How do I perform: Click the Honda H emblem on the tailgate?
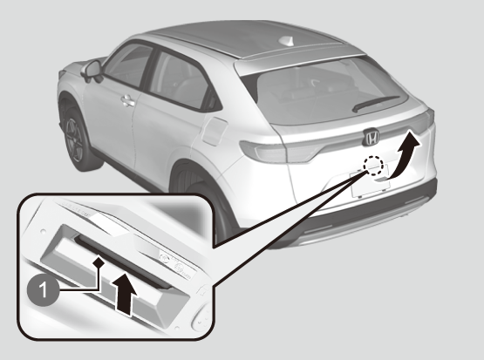click(x=371, y=137)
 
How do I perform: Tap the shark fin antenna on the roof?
click(x=286, y=41)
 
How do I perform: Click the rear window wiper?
click(x=375, y=103)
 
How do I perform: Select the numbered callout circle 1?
click(x=43, y=290)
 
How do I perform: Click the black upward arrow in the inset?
click(x=126, y=294)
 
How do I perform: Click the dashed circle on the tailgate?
click(x=373, y=165)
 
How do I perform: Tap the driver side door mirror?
click(x=92, y=71)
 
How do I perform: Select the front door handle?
click(x=128, y=100)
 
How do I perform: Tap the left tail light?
click(x=279, y=152)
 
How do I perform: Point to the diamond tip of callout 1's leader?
click(x=99, y=262)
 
